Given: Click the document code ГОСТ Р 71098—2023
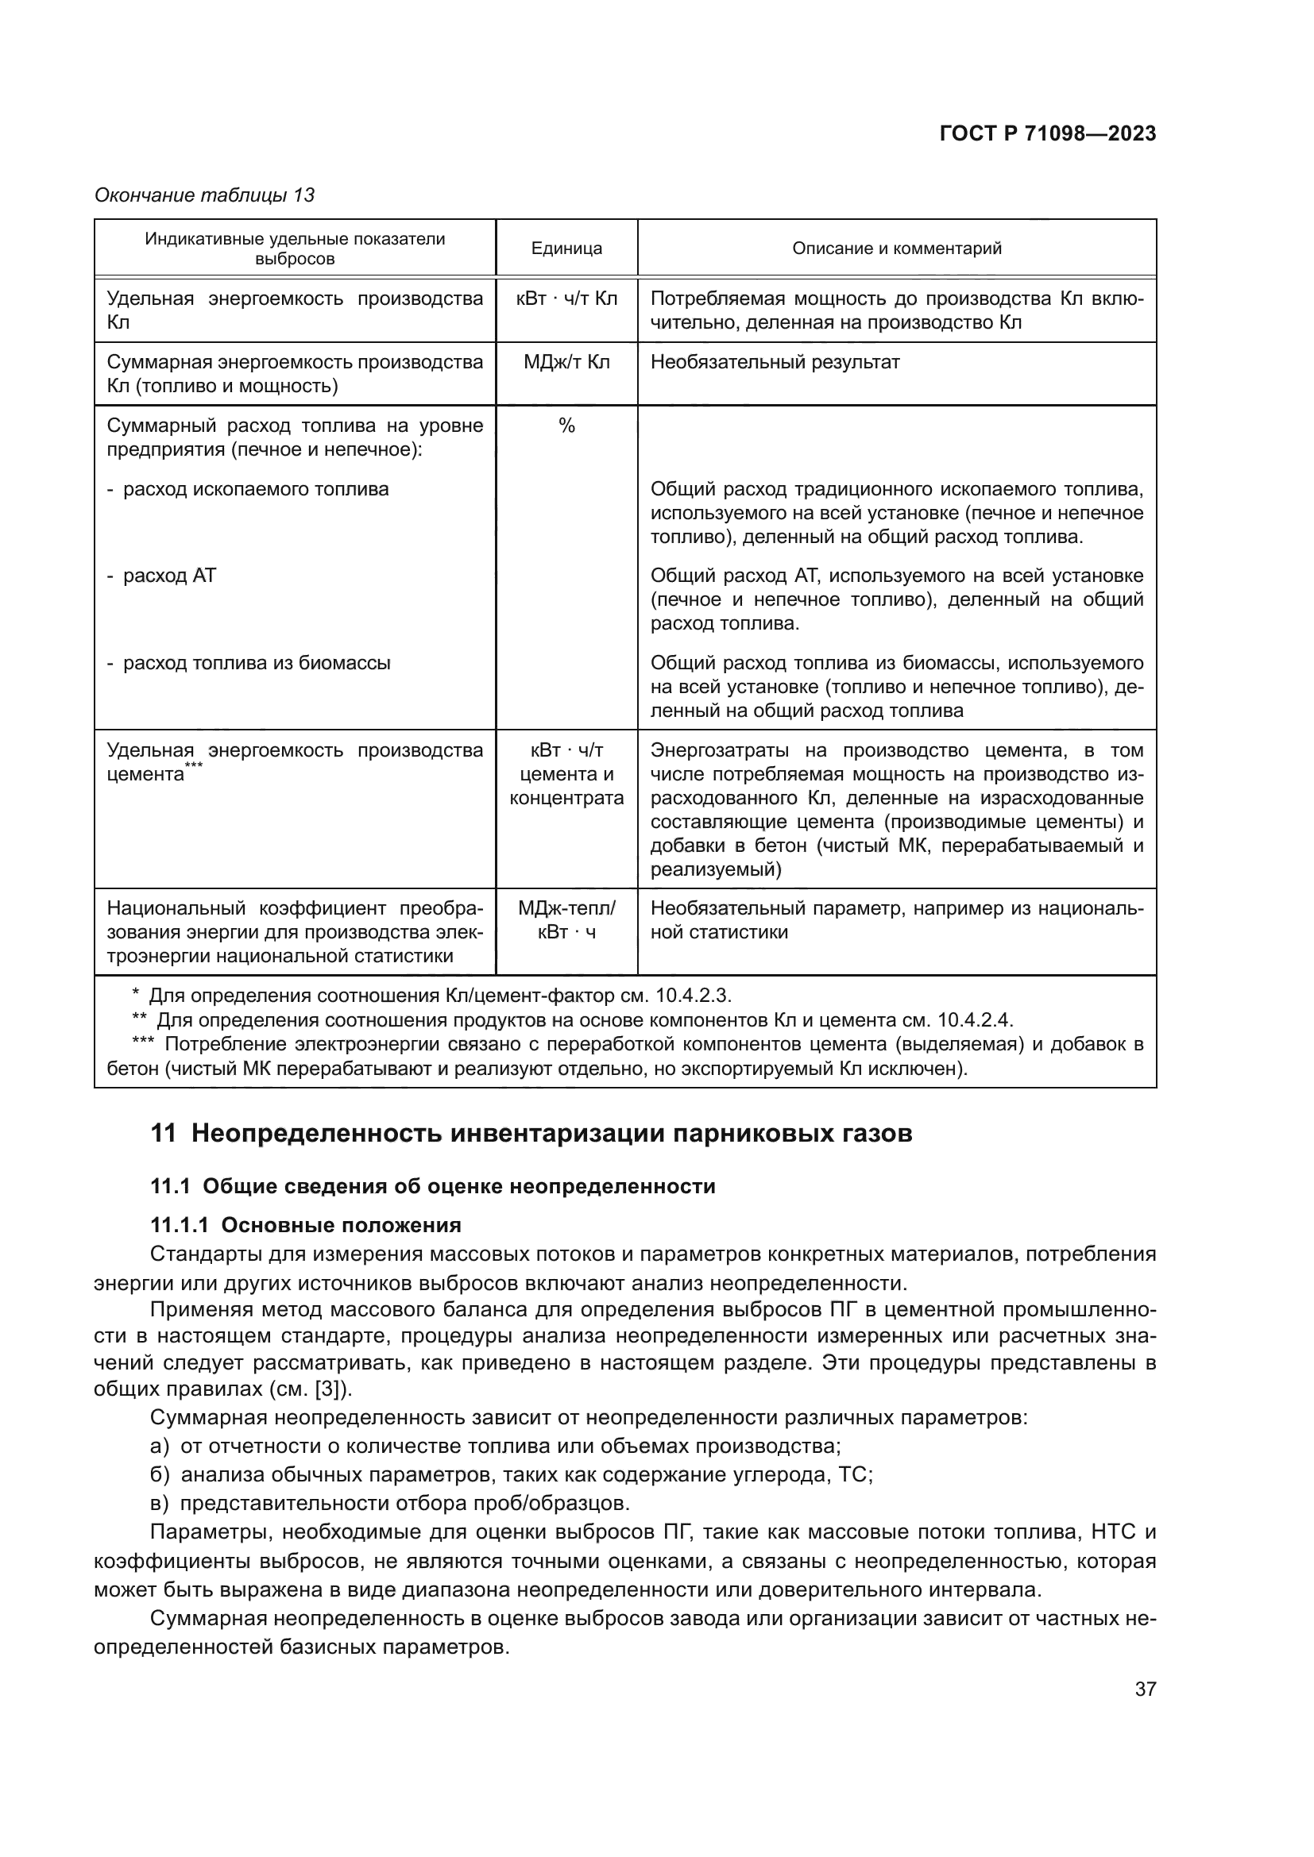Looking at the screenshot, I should [x=1047, y=134].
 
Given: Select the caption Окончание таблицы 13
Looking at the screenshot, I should [x=205, y=195].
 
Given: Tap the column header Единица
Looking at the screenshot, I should [x=566, y=248].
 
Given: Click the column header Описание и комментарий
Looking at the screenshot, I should [x=896, y=248].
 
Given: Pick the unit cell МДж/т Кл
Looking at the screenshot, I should [x=566, y=362].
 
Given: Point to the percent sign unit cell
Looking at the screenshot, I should [x=566, y=426].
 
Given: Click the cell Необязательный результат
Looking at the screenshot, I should [x=775, y=362].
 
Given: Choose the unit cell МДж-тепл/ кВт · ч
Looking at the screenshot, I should [x=566, y=920].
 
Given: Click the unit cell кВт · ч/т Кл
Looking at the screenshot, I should [x=566, y=299].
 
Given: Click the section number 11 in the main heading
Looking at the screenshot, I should [x=163, y=1133].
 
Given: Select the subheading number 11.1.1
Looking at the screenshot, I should [x=180, y=1225].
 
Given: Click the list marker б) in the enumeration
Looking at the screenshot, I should [x=160, y=1474].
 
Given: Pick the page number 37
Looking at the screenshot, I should [x=1145, y=1689].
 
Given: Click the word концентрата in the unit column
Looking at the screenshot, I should [x=566, y=798].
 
